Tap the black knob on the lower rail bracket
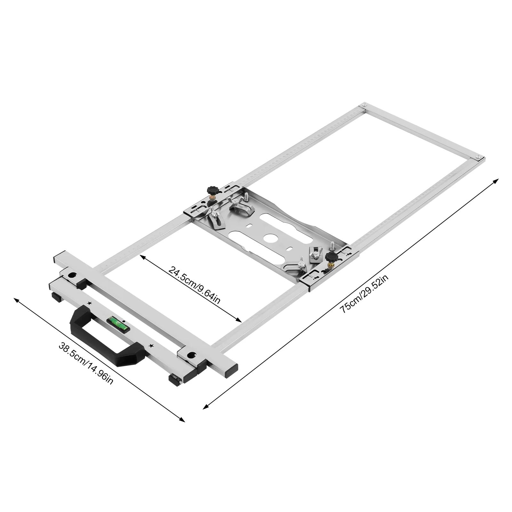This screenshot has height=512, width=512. point(331,256)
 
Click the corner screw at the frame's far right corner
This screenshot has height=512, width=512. point(478,157)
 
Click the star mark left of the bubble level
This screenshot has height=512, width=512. point(89,303)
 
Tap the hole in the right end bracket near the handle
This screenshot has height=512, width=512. point(191,355)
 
